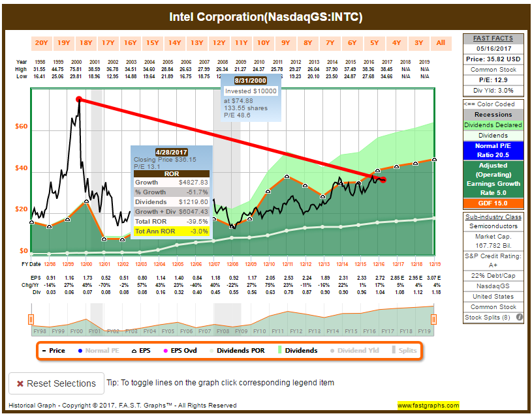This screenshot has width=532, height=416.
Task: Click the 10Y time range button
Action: [263, 43]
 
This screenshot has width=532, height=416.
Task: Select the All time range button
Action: [441, 43]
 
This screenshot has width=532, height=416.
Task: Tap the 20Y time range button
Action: [41, 43]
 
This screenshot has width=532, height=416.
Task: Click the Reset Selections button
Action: [55, 383]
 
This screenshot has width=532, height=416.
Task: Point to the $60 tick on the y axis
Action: [22, 126]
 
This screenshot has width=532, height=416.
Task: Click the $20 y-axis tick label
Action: [22, 209]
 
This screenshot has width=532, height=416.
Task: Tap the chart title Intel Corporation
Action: [266, 16]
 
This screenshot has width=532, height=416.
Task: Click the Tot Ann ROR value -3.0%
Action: [198, 231]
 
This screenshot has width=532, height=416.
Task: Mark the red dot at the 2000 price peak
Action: [79, 99]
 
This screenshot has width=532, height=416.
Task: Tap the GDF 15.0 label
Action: [493, 203]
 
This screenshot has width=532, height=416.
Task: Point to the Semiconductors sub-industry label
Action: [493, 226]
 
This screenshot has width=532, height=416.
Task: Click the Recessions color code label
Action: [493, 114]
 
